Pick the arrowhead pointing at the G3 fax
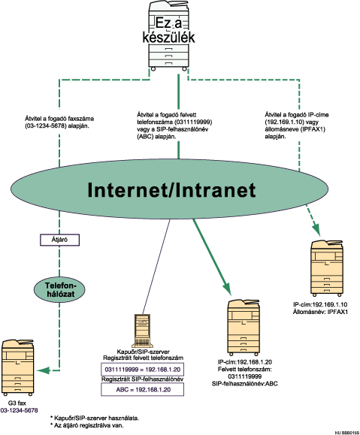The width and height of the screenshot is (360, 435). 47,370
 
